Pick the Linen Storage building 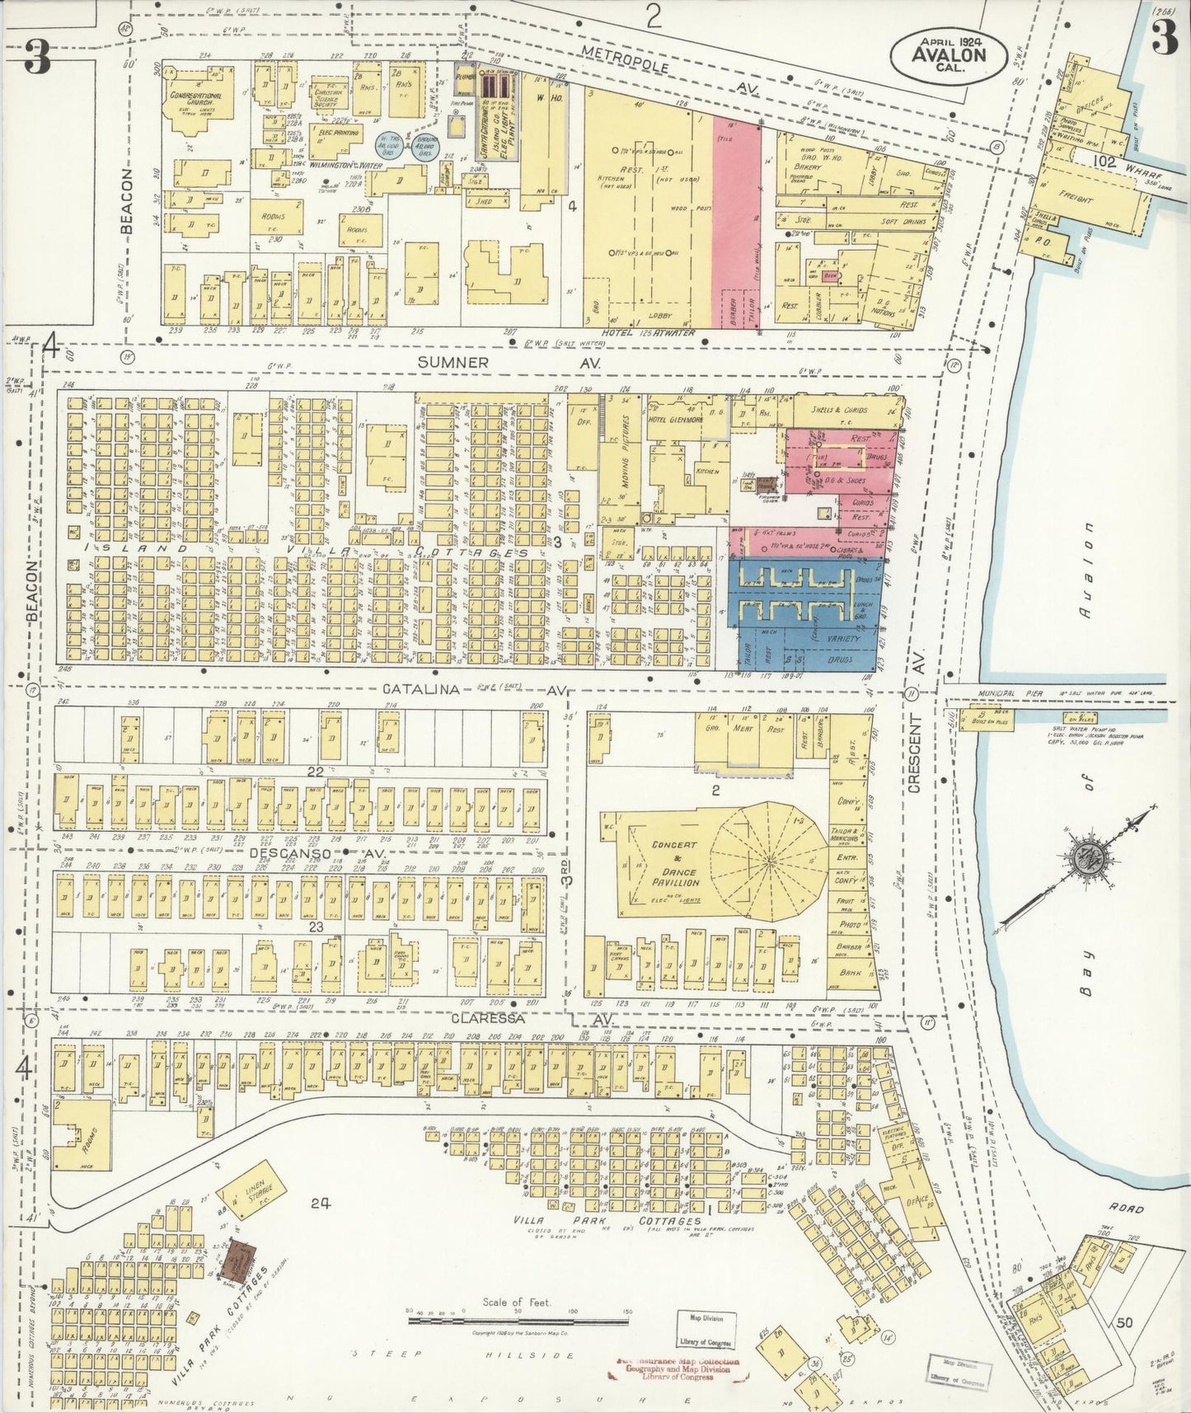(252, 1192)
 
